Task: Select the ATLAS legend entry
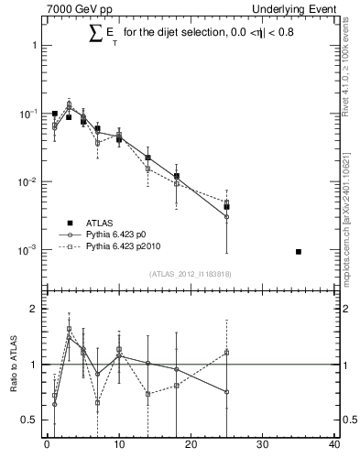coord(101,223)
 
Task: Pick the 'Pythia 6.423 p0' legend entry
coord(123,234)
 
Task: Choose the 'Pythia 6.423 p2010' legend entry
coord(128,246)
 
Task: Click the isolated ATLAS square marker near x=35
coord(299,251)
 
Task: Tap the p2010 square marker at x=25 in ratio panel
coord(226,352)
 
